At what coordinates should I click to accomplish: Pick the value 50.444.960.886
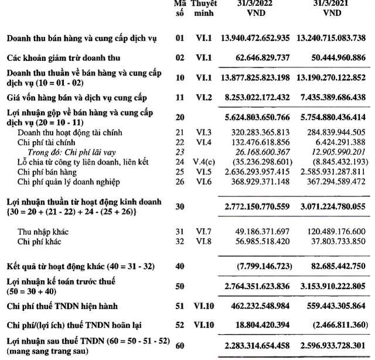(336, 59)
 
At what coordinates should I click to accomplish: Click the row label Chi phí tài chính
(46, 142)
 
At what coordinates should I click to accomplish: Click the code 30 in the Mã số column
(180, 207)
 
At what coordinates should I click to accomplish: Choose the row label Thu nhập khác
(42, 232)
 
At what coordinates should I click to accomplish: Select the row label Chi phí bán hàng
(46, 170)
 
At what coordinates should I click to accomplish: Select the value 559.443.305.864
(336, 305)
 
